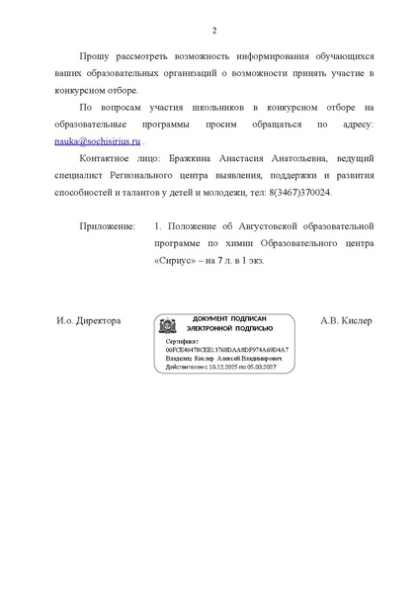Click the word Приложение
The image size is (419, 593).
click(x=108, y=226)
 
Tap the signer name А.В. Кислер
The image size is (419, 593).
click(x=347, y=321)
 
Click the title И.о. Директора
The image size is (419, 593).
click(x=89, y=321)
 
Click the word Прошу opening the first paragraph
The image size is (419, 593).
click(x=97, y=57)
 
